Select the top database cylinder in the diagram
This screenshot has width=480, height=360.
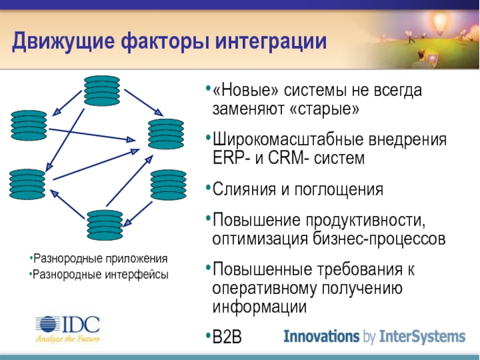[x=102, y=91]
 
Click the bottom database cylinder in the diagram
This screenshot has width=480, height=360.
[x=104, y=224]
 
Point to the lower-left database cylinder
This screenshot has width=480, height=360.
[x=28, y=184]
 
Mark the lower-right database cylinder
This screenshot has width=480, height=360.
[x=169, y=185]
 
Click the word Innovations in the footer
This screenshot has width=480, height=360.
[x=321, y=335]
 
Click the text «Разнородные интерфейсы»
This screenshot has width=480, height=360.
[x=100, y=275]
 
